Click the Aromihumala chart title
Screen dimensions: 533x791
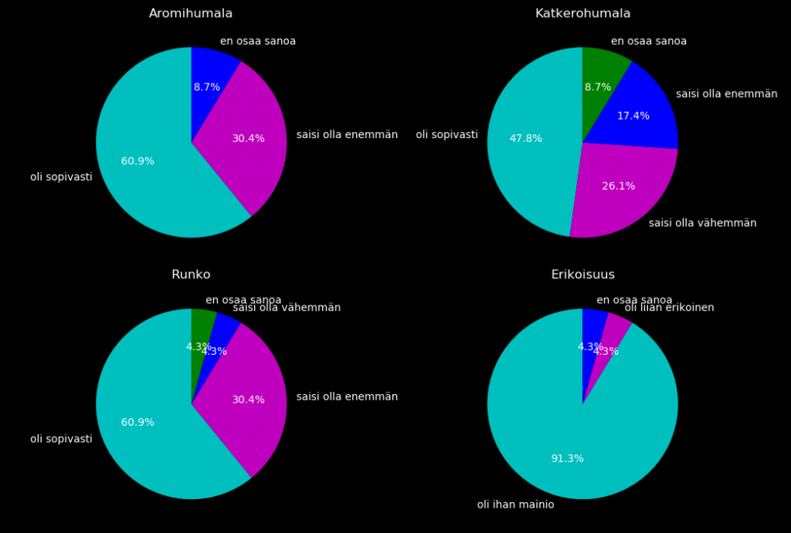pyautogui.click(x=191, y=14)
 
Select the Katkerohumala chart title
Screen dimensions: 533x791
pyautogui.click(x=582, y=14)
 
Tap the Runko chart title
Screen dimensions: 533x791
pyautogui.click(x=191, y=275)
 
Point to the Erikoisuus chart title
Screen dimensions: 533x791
pyautogui.click(x=582, y=275)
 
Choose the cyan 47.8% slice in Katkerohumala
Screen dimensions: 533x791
pyautogui.click(x=525, y=147)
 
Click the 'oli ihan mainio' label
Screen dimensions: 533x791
pyautogui.click(x=515, y=505)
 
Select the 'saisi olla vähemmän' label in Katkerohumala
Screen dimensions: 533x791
pyautogui.click(x=702, y=224)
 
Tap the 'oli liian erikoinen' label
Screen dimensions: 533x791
pyautogui.click(x=669, y=308)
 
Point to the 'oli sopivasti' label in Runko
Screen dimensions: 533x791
pyautogui.click(x=61, y=440)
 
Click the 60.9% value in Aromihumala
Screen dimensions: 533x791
pyautogui.click(x=137, y=161)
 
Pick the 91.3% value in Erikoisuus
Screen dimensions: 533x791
pyautogui.click(x=567, y=459)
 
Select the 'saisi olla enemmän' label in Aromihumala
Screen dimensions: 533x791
pyautogui.click(x=347, y=135)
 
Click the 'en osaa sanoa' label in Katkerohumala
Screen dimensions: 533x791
pyautogui.click(x=648, y=42)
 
